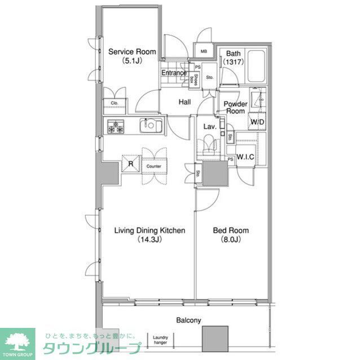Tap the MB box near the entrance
[204, 52]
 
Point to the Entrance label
[174, 73]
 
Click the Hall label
[184, 102]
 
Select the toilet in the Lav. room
[209, 145]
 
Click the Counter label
[153, 166]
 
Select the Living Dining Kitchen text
[150, 230]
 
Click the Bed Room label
[231, 230]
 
